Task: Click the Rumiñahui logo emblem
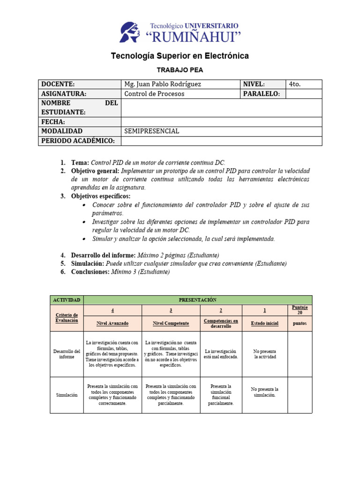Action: point(132,32)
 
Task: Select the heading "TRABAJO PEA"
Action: point(180,70)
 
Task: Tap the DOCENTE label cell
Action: point(58,84)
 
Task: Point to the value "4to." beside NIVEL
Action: point(295,84)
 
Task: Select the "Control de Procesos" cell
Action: point(155,94)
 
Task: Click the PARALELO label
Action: point(261,94)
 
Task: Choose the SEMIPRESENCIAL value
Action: point(152,131)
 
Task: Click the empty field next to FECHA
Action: point(221,122)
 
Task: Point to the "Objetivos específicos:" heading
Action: point(101,196)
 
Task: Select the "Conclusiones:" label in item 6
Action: point(90,272)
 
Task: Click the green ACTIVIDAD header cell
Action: point(67,300)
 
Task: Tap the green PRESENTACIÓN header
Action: point(197,300)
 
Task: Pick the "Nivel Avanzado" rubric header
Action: point(112,323)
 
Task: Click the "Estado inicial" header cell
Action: point(264,323)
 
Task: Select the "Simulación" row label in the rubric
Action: point(67,395)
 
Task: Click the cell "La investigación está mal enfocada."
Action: point(221,354)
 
